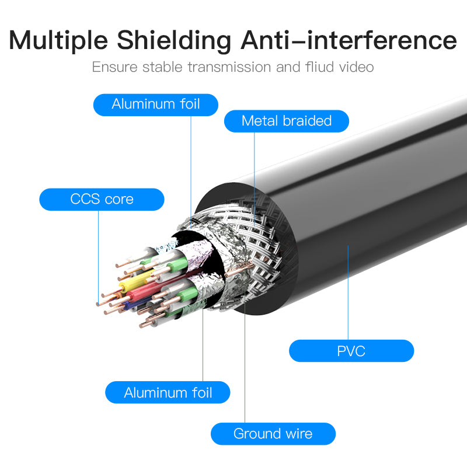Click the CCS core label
click(x=102, y=199)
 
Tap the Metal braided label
click(x=286, y=121)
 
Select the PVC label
click(x=351, y=351)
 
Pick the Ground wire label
click(x=273, y=434)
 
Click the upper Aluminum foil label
click(x=156, y=104)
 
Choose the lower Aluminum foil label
click(x=168, y=392)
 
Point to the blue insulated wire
click(x=130, y=304)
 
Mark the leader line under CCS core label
click(x=98, y=251)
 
